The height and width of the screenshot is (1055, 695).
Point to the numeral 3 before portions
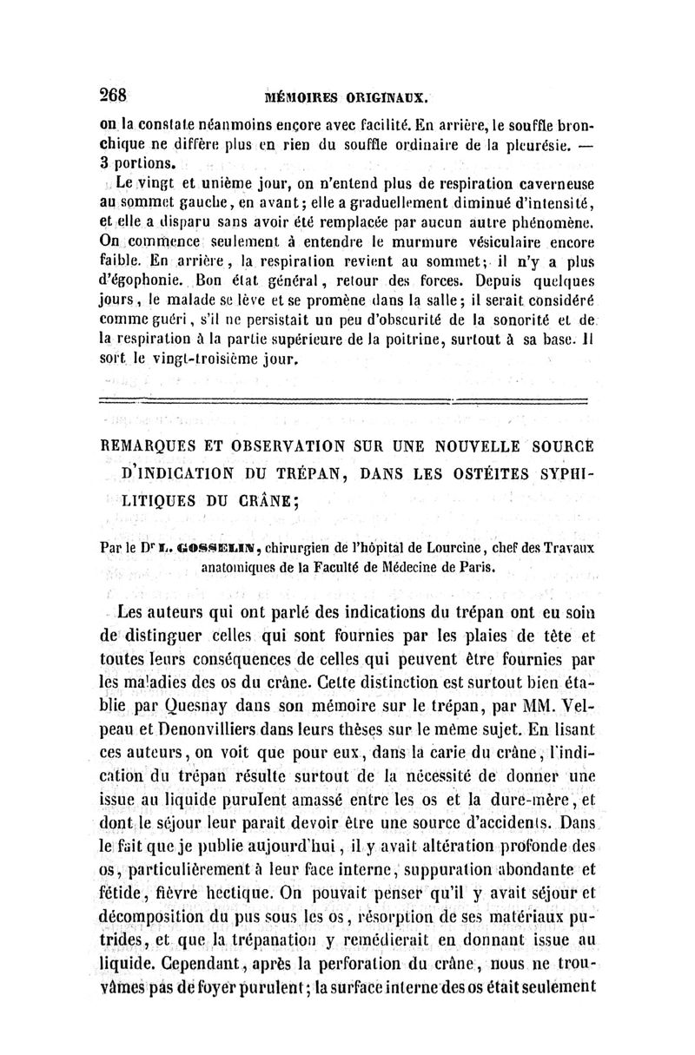coord(101,162)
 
